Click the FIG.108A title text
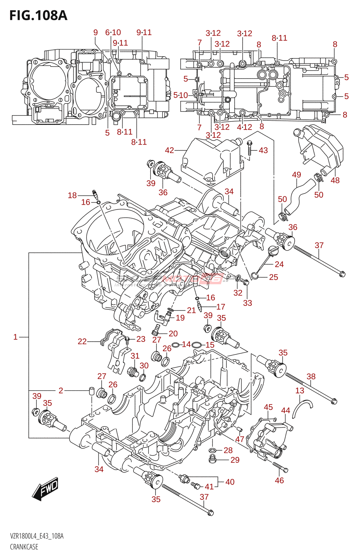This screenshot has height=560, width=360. (38, 15)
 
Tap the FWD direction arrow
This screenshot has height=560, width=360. (46, 488)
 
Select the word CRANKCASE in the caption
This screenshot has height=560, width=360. (24, 547)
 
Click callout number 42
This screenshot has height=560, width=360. (169, 150)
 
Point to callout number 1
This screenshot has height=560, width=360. (15, 337)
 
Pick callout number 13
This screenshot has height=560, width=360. (300, 390)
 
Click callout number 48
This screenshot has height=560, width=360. (335, 180)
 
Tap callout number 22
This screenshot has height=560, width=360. (82, 341)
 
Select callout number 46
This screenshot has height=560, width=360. (279, 480)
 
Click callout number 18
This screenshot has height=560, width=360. (72, 195)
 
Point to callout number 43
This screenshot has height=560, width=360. (263, 150)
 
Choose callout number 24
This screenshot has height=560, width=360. (279, 264)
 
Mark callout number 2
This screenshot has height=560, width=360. (61, 390)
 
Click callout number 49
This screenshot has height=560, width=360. (296, 174)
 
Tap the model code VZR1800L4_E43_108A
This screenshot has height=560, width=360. (37, 536)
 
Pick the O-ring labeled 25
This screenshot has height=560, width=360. (255, 276)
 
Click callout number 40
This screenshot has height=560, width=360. (230, 482)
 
